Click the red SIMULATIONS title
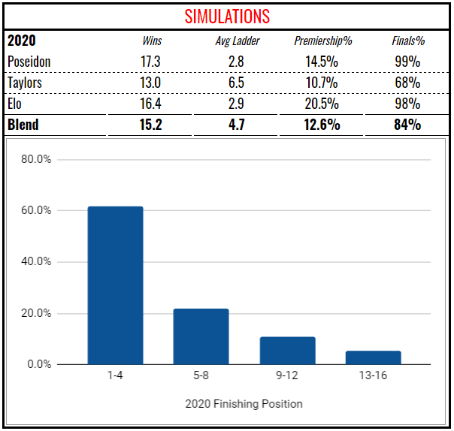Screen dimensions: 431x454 point(227,16)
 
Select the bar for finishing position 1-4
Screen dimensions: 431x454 point(115,285)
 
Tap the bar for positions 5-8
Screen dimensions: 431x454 point(201,336)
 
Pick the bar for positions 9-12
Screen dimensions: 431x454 point(287,351)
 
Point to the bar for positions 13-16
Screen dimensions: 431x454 point(373,357)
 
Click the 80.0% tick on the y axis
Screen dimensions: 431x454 point(35,159)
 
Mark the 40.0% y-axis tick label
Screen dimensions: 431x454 point(35,262)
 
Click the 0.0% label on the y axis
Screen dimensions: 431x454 point(38,364)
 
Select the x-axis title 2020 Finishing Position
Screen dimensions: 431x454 point(244,404)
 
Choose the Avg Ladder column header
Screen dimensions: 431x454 point(237,41)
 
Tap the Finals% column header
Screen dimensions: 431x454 point(406,41)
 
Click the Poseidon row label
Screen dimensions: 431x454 point(29,62)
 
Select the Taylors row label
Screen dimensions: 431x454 point(25,83)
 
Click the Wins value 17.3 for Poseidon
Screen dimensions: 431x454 point(153,62)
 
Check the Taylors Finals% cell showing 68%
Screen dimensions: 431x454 point(406,83)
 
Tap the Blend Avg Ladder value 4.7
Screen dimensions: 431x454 point(237,125)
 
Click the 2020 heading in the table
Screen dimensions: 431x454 point(21,41)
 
